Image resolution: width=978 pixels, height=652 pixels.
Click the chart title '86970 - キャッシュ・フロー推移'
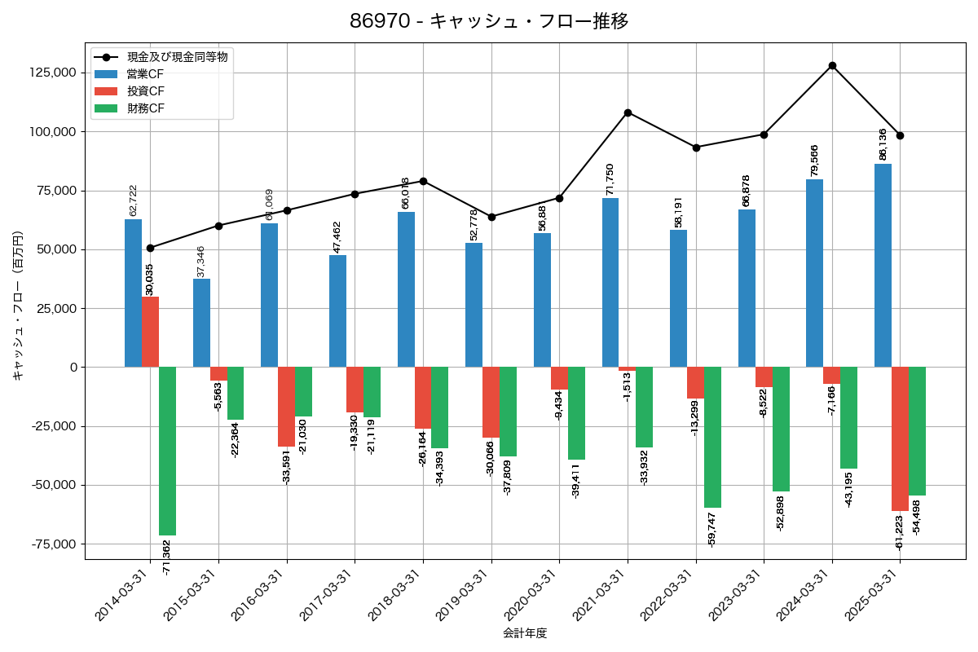489,21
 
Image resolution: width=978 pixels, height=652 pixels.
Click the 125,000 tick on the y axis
51,73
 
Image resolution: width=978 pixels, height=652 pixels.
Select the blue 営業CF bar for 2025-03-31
883,265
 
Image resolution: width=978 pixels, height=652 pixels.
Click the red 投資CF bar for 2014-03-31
150,332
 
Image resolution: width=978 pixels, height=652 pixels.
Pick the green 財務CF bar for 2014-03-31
167,451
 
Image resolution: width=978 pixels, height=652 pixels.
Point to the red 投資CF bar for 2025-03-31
900,438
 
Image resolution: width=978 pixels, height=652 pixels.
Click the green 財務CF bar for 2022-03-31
712,437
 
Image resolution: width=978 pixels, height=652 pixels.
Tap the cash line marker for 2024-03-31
832,65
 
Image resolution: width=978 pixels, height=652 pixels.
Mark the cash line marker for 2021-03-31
628,112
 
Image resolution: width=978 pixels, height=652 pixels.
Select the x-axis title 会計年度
524,633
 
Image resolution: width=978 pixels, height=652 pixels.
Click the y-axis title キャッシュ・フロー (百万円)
17,306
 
